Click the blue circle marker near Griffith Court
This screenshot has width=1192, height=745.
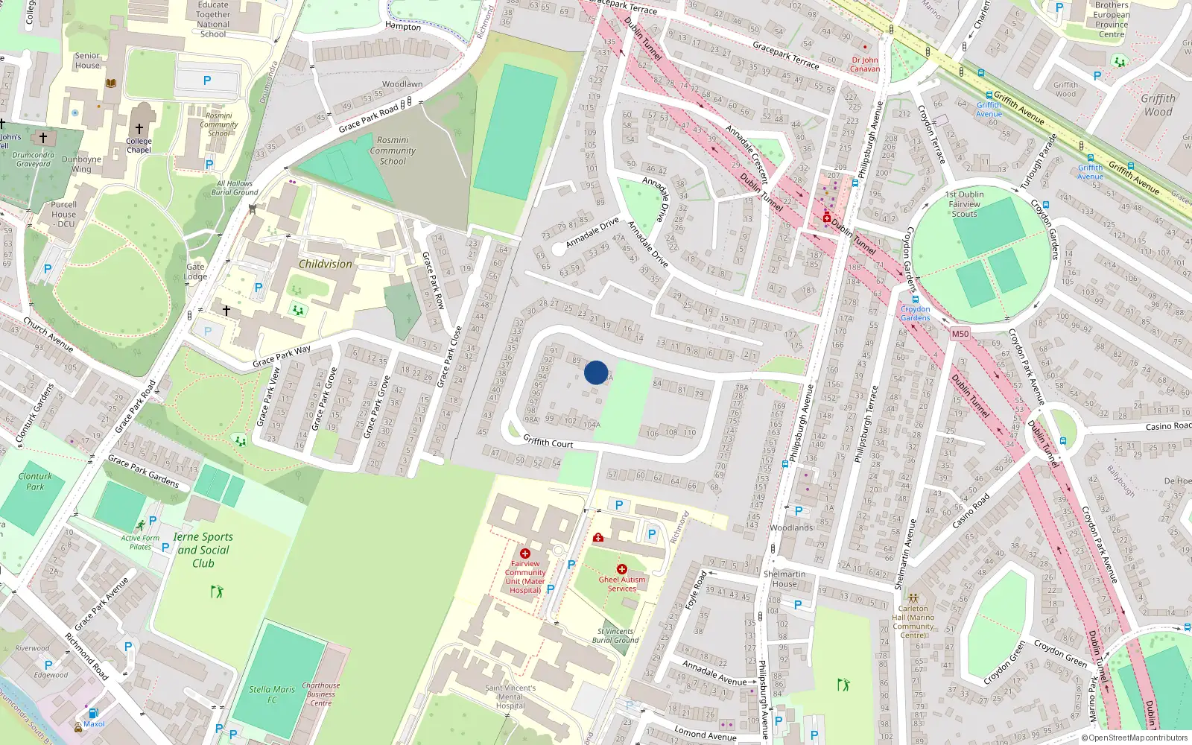(596, 372)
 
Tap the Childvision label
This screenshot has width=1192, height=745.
(325, 264)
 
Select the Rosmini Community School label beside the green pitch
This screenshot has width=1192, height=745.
(393, 150)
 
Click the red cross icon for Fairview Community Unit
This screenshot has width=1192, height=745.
(525, 553)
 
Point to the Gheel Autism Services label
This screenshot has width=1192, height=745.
(622, 584)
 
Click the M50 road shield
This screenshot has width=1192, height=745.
(960, 334)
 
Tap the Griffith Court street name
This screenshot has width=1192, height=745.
(548, 442)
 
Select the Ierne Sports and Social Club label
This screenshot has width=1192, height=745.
(203, 550)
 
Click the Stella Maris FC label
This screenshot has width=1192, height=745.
(272, 694)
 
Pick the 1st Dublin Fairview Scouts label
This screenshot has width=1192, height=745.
(965, 204)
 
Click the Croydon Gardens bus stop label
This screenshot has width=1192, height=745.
(915, 313)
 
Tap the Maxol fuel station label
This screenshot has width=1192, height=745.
(94, 724)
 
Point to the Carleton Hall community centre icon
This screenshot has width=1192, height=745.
(913, 597)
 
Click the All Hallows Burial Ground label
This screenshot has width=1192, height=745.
(235, 188)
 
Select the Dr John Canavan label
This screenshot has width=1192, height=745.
(865, 64)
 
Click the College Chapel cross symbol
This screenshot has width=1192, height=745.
(139, 129)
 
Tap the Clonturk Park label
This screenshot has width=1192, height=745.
(35, 481)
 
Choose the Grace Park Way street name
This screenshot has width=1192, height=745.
(282, 356)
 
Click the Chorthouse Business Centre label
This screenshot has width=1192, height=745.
(321, 694)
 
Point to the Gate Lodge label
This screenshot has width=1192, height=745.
(195, 271)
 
